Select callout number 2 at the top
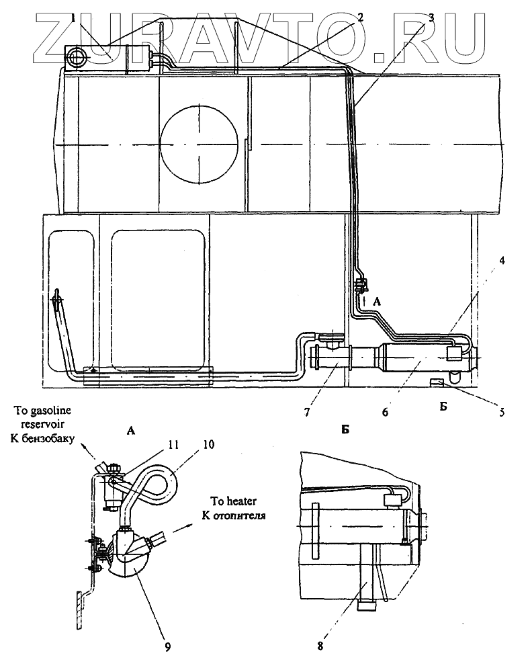pos(361,17)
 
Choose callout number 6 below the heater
pos(386,413)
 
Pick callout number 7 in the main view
pos(307,413)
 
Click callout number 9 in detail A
pos(167,646)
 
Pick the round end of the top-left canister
pos(78,56)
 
